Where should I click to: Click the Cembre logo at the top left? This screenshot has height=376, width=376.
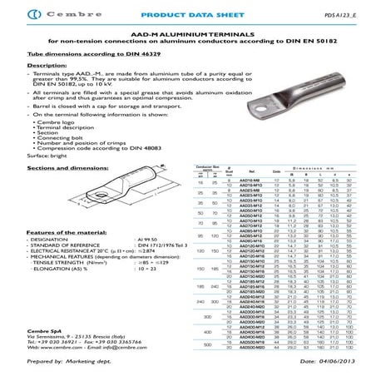point(33,16)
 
